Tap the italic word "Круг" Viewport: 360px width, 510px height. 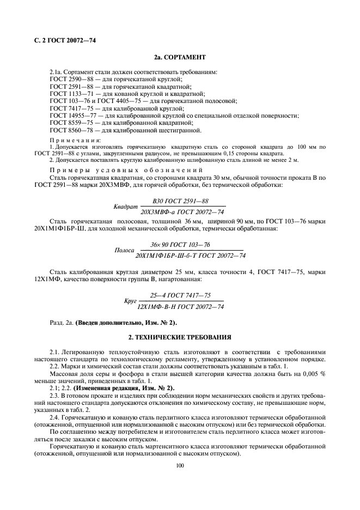click(x=130, y=301)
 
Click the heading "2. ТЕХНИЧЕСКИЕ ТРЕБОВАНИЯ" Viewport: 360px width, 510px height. click(x=180, y=337)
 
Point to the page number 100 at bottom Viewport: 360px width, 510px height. click(x=180, y=465)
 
